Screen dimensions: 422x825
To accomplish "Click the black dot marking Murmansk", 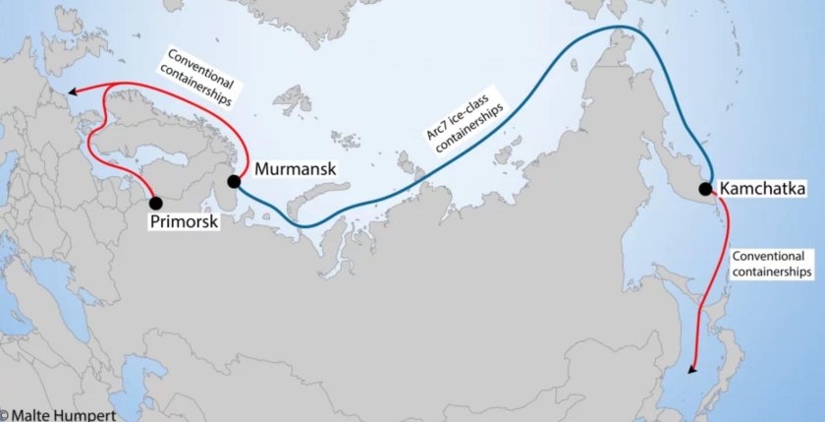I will (x=235, y=181).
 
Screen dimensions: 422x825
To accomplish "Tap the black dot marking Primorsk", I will (x=155, y=203).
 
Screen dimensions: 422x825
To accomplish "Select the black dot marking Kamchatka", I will (x=705, y=188).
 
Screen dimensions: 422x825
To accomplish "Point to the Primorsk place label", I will (x=183, y=223).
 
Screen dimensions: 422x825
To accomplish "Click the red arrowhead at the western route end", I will (x=74, y=93).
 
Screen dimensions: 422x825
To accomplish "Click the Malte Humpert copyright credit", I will (x=58, y=415).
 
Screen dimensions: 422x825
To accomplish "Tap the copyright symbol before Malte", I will (x=6, y=415).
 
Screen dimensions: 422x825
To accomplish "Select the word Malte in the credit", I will (x=32, y=415).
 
